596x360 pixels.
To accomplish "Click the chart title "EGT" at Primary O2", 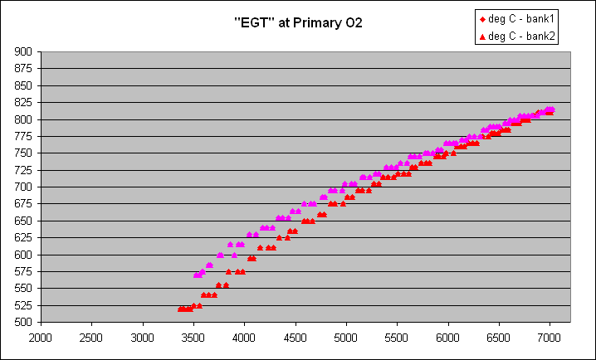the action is (x=298, y=22).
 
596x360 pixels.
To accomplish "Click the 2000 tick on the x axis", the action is (x=41, y=338).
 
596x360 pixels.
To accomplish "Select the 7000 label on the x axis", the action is (x=550, y=338).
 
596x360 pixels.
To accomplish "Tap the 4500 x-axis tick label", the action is (x=296, y=338).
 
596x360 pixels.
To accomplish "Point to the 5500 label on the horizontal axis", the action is (x=398, y=338).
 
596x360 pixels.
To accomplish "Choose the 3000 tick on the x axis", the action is (x=143, y=338).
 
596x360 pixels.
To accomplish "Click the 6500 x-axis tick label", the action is (x=499, y=338).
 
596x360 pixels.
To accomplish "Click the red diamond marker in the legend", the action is (x=483, y=19).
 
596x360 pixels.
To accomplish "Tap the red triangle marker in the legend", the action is (x=483, y=36).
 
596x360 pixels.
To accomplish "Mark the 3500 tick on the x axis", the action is (x=194, y=338).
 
